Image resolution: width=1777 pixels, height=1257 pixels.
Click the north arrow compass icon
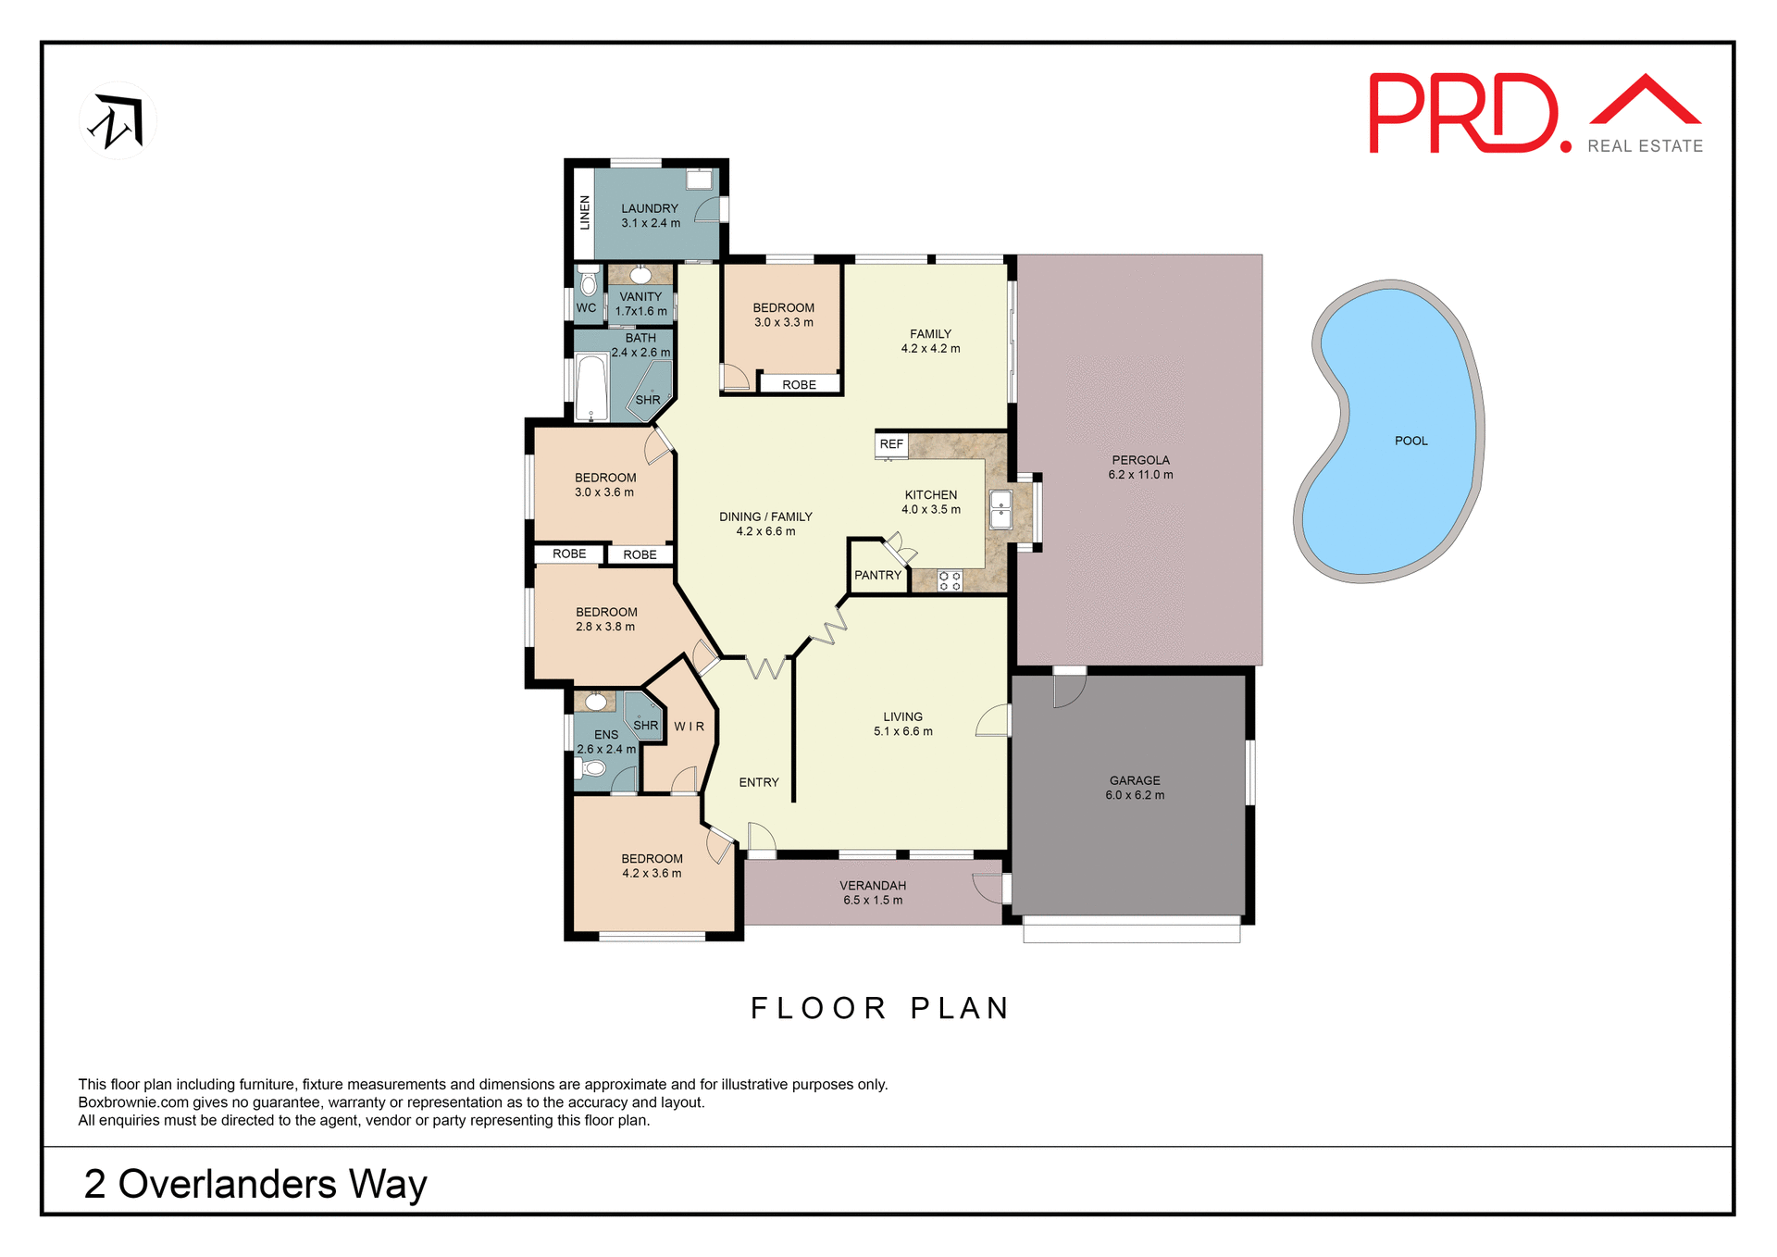click(118, 121)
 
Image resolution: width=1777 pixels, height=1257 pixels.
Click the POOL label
click(1410, 441)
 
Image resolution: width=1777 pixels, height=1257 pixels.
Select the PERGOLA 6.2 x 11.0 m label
click(1140, 467)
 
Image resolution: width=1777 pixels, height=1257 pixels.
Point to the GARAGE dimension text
click(1135, 795)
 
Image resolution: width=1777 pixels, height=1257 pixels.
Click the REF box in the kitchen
click(891, 444)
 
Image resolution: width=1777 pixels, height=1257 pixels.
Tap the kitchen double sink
click(1000, 510)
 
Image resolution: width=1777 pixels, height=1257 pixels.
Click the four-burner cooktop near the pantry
click(950, 581)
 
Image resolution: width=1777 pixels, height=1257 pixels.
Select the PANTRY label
click(877, 575)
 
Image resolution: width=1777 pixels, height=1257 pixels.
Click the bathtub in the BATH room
click(590, 388)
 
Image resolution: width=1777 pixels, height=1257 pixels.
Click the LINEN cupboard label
click(584, 213)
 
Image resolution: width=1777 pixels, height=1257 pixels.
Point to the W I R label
click(689, 727)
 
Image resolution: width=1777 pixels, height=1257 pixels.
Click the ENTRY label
click(758, 782)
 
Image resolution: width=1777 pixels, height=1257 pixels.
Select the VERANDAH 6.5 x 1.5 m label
click(872, 892)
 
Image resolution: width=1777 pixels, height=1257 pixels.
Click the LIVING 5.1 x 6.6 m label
click(902, 724)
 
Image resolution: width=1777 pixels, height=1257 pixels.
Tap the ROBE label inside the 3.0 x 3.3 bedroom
click(799, 384)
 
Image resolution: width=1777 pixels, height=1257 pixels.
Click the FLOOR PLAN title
click(879, 1008)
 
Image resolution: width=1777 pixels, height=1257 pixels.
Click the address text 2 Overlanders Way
click(255, 1184)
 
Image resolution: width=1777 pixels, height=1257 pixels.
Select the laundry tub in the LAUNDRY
click(699, 180)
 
